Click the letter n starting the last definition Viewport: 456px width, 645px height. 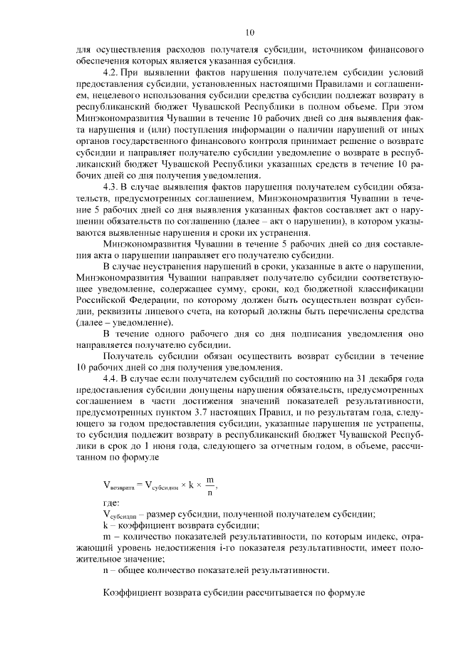point(105,570)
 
